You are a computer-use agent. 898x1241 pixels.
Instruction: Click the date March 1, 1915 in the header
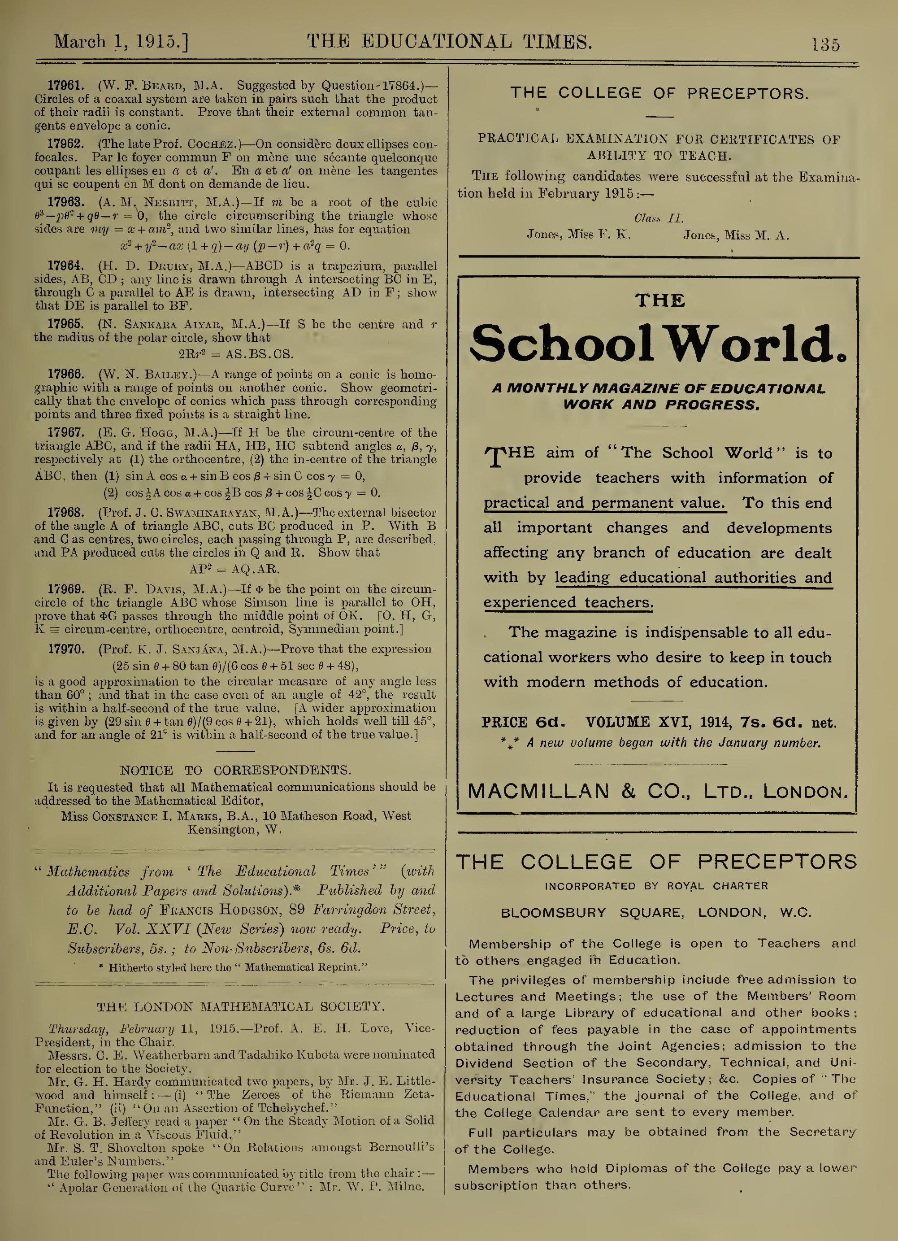[x=121, y=42]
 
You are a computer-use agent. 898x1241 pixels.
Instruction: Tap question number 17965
[x=65, y=324]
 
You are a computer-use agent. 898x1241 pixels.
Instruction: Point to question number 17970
[x=65, y=649]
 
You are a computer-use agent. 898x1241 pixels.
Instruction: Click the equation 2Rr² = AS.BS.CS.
[x=236, y=354]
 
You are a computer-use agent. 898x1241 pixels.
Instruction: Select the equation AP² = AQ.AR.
[x=234, y=569]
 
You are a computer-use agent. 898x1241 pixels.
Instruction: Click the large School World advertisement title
[x=659, y=343]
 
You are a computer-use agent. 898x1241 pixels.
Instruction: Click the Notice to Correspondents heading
[x=235, y=771]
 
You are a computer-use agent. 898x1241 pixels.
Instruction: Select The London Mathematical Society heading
[x=241, y=1007]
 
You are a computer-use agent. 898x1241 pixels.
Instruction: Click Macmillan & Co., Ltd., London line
[x=657, y=792]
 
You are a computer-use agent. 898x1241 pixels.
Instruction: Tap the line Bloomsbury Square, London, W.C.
[x=656, y=913]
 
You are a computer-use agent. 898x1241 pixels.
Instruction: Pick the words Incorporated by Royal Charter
[x=656, y=886]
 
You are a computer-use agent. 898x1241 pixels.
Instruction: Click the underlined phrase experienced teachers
[x=568, y=602]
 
